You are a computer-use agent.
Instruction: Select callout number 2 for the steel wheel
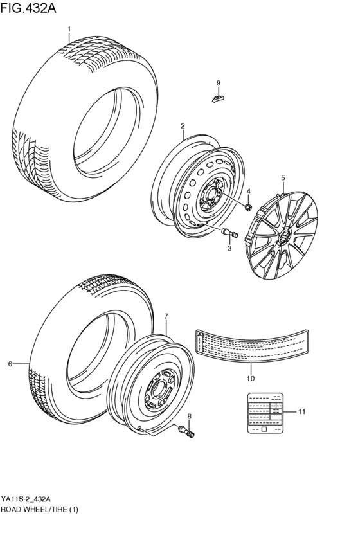[x=183, y=126]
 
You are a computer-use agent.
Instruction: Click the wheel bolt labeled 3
[x=229, y=233]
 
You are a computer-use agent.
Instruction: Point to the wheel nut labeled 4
[x=248, y=206]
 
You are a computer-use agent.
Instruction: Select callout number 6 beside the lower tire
[x=10, y=364]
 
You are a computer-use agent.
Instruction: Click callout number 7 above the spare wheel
[x=165, y=316]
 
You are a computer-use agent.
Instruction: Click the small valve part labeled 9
[x=218, y=97]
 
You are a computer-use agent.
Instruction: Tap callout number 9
[x=218, y=83]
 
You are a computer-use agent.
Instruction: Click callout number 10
[x=251, y=379]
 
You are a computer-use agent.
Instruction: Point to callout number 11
[x=301, y=411]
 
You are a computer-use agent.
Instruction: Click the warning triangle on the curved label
[x=200, y=336]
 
